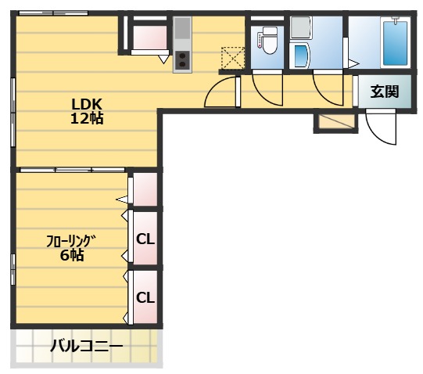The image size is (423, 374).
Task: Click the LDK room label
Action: click(88, 105)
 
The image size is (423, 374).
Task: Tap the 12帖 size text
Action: click(88, 119)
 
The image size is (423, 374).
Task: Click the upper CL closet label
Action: click(145, 239)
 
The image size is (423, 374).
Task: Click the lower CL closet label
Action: click(145, 297)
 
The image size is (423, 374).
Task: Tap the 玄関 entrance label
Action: click(384, 92)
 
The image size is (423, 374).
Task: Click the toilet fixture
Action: click(267, 40)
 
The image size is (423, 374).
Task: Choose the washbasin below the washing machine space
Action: click(299, 56)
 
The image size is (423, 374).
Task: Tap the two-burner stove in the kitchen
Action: click(182, 60)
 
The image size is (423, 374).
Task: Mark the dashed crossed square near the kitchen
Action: click(233, 58)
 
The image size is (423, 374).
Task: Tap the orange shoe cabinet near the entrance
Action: click(335, 123)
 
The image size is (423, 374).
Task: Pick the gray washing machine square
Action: click(299, 28)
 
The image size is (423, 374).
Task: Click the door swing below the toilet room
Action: click(267, 88)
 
